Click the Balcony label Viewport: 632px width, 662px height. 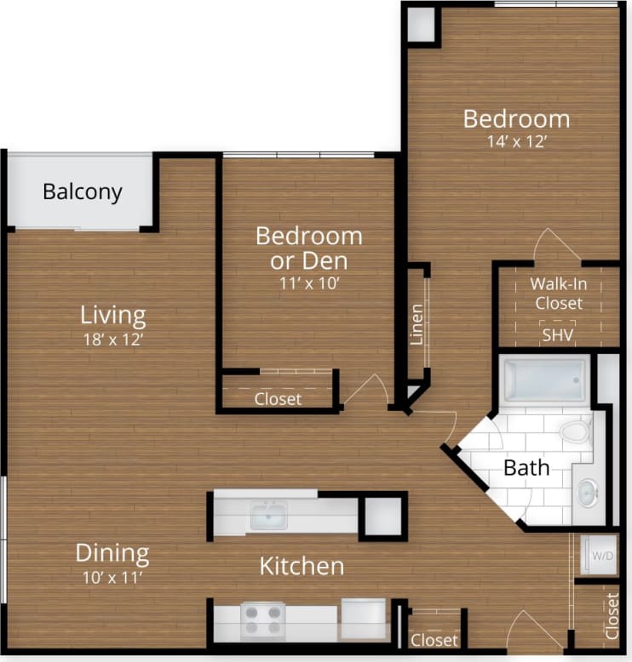click(x=83, y=192)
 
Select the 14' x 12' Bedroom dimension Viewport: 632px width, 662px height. click(x=516, y=142)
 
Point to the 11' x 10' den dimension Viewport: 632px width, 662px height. click(x=309, y=283)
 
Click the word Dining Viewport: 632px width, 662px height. click(x=112, y=554)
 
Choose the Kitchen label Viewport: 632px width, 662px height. click(x=302, y=566)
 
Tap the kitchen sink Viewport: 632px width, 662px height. click(x=268, y=515)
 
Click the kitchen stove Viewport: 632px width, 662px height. click(x=263, y=619)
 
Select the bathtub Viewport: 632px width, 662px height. click(x=545, y=380)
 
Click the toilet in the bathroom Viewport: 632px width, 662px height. click(x=577, y=431)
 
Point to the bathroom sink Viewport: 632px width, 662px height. click(x=588, y=492)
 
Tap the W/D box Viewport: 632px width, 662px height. click(x=601, y=556)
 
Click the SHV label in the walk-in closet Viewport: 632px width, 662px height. click(x=558, y=334)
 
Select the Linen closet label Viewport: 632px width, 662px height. click(x=417, y=324)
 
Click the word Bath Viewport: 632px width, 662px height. click(x=526, y=467)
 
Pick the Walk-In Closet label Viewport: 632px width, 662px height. click(x=558, y=294)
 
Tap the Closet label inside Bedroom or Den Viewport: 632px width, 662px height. click(x=278, y=398)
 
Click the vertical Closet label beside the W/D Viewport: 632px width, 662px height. click(x=612, y=615)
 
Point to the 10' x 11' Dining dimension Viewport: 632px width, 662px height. click(x=112, y=580)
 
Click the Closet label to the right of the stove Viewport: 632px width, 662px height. click(x=434, y=640)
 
